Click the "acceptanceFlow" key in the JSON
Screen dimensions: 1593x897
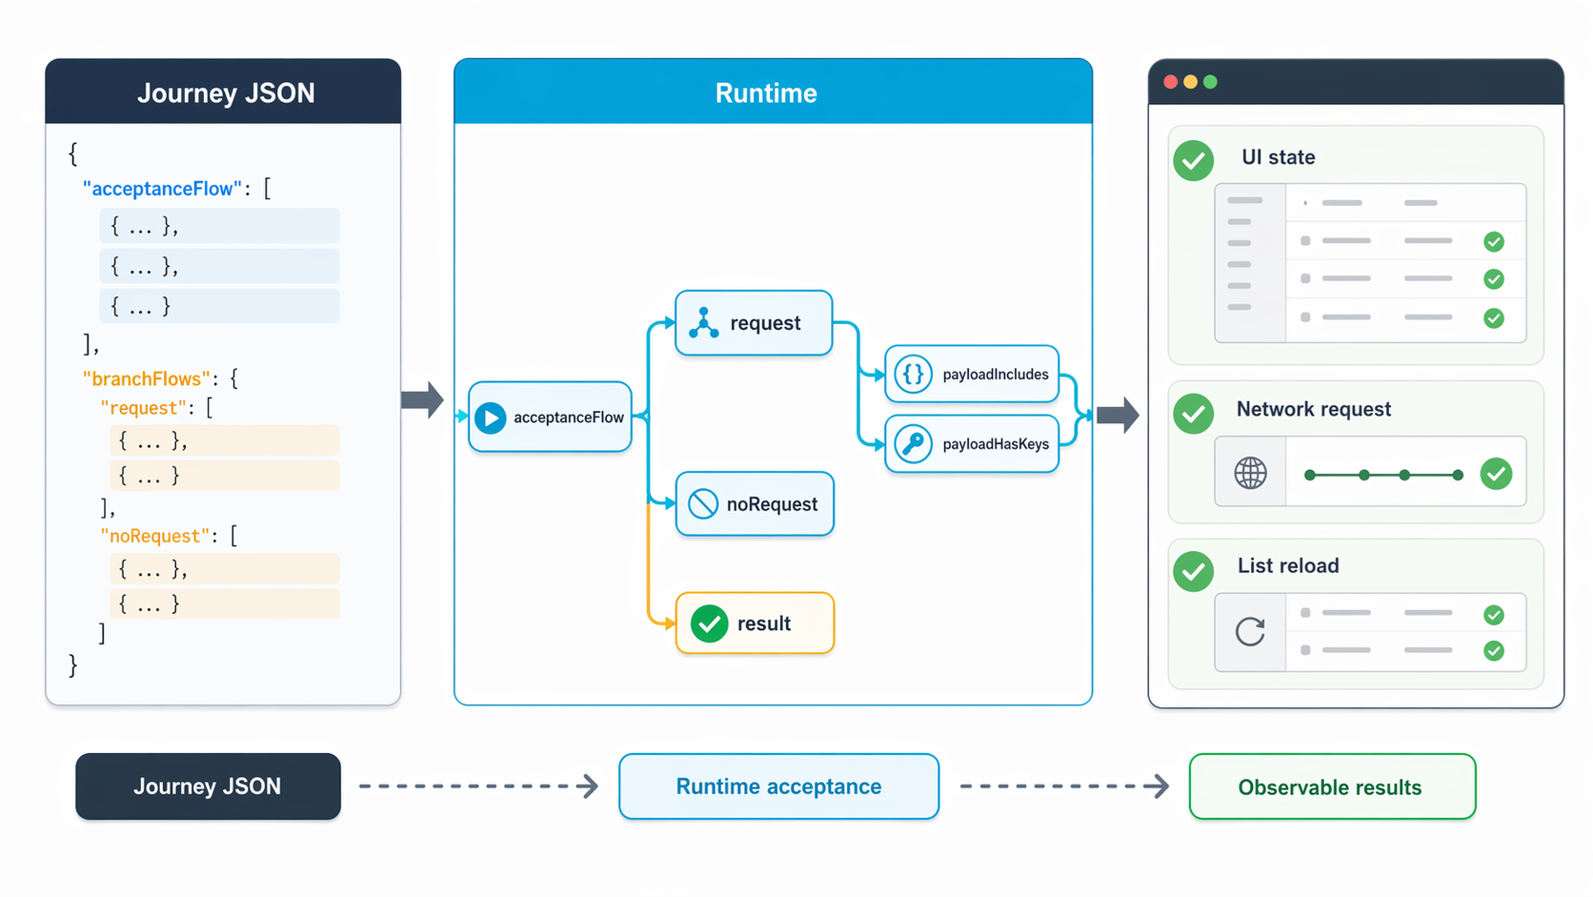(162, 189)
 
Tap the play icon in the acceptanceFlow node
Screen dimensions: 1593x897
(490, 418)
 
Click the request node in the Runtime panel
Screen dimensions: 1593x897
(754, 323)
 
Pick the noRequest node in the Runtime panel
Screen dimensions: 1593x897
(755, 503)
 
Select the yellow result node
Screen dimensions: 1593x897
(755, 623)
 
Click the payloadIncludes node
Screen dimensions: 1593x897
(972, 375)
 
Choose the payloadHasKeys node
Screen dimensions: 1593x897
(972, 444)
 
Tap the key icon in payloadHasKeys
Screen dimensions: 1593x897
(913, 444)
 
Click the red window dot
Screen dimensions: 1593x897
(1170, 82)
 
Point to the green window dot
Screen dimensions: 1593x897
(1210, 82)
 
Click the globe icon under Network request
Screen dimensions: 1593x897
(1250, 473)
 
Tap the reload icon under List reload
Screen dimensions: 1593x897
(1249, 631)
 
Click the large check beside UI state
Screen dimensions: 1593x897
(1194, 161)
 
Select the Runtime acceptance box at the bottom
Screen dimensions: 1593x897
(778, 786)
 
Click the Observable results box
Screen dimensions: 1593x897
(1332, 786)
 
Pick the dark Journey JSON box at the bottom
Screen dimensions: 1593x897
(208, 786)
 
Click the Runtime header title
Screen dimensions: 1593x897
(766, 93)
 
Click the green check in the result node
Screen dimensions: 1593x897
(709, 623)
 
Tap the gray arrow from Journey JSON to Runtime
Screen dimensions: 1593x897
(422, 399)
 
